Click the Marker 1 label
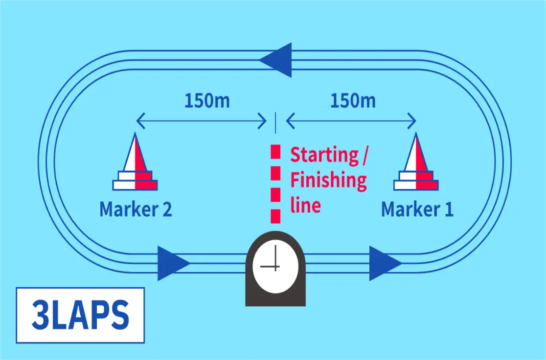(x=417, y=209)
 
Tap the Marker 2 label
(x=136, y=209)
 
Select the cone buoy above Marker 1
(x=416, y=162)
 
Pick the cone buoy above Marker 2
(x=135, y=162)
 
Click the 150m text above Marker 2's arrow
(x=207, y=101)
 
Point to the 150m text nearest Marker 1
(x=353, y=101)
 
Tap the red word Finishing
(x=328, y=180)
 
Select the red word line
(x=305, y=205)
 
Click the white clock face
(x=275, y=267)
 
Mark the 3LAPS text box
(x=80, y=315)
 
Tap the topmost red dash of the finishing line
(x=275, y=152)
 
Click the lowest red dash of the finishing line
(x=275, y=216)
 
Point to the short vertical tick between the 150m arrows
(x=275, y=123)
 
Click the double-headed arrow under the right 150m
(x=351, y=121)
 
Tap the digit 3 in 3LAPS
(x=41, y=315)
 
